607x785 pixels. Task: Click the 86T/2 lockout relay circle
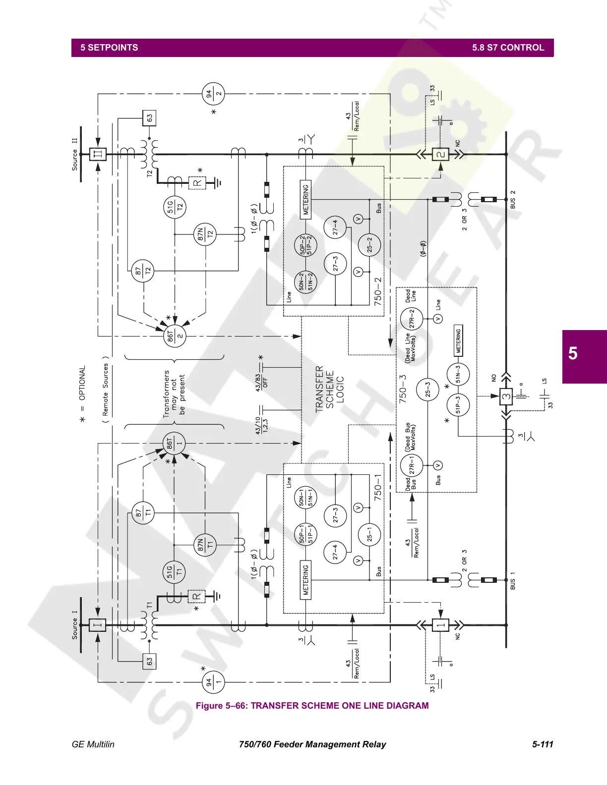tap(175, 336)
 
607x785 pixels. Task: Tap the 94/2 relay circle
tap(213, 93)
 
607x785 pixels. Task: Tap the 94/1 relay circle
tap(213, 682)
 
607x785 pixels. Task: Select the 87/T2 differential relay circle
tap(143, 271)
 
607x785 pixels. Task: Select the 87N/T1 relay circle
tap(205, 546)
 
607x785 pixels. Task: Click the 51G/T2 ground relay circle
tap(175, 207)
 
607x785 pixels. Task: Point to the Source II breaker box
tap(98, 154)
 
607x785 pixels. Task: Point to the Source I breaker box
tap(98, 625)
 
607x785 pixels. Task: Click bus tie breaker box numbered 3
tap(506, 396)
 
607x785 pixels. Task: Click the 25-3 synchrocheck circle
tap(427, 390)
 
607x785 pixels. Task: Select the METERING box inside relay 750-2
tap(306, 200)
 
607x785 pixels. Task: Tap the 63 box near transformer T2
tap(149, 118)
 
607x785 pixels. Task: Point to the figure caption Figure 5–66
tap(312, 705)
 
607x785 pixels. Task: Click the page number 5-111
tap(542, 744)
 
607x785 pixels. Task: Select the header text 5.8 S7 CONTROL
tap(508, 48)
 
